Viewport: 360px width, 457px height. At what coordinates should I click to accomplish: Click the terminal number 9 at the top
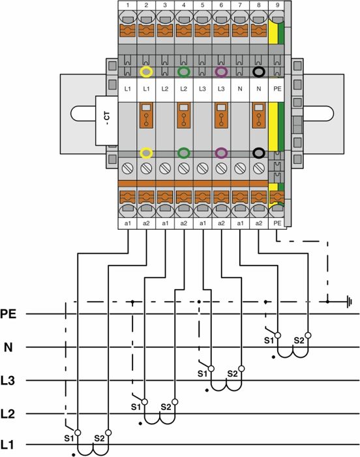[277, 5]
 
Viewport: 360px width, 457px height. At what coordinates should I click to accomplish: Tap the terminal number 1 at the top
[128, 5]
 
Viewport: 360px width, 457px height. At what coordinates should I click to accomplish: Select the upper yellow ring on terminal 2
[146, 72]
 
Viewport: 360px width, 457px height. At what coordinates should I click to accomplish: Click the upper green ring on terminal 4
[183, 72]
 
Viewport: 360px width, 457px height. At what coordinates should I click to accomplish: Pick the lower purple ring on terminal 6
[221, 153]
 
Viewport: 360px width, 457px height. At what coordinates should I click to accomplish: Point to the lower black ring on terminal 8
[259, 153]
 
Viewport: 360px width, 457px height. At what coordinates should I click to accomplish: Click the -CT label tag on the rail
[106, 120]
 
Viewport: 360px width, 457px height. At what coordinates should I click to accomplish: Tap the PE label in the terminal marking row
[277, 88]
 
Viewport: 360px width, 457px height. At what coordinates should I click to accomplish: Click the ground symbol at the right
[349, 302]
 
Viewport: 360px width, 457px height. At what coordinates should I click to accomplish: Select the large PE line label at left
[8, 314]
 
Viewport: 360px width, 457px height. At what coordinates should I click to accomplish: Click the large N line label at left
[8, 347]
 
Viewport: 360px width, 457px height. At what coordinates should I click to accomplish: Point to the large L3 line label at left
[8, 381]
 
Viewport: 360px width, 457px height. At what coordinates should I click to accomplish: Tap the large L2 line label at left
[8, 413]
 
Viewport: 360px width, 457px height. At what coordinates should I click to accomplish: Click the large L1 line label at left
[8, 445]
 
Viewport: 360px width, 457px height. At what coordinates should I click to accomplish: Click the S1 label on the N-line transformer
[269, 340]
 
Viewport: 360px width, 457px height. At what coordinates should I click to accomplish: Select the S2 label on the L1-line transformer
[99, 438]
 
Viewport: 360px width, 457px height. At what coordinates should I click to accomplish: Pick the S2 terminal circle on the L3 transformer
[241, 369]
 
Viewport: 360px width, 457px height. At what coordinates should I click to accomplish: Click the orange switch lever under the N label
[259, 115]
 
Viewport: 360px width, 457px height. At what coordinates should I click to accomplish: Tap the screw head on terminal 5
[202, 168]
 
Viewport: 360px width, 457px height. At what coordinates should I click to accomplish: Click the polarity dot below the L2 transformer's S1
[140, 424]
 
